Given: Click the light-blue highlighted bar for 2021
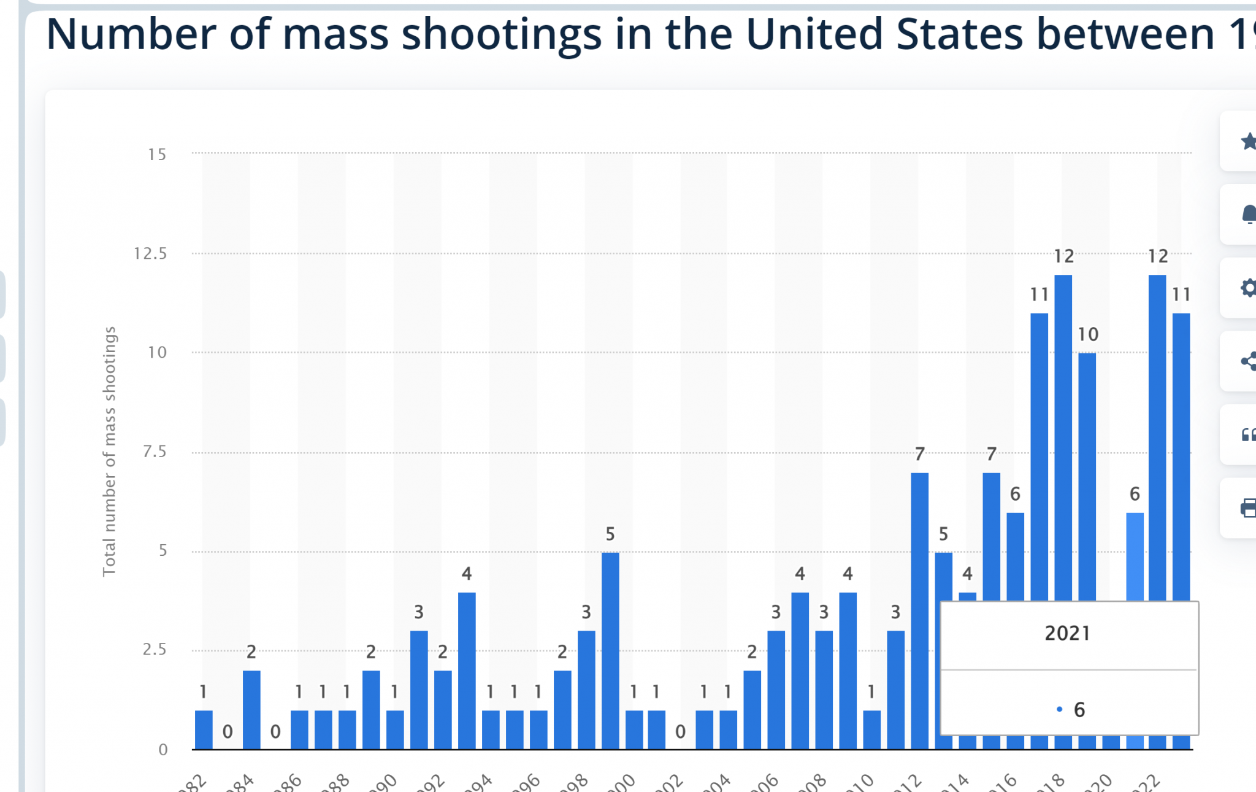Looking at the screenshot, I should [x=1135, y=555].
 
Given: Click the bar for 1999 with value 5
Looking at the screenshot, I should [x=610, y=650].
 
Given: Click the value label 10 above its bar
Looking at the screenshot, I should [x=1088, y=334].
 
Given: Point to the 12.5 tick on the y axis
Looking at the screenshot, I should [x=150, y=253].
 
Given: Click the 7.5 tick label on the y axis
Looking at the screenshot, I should [x=155, y=452].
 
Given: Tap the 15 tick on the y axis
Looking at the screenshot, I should [x=157, y=154].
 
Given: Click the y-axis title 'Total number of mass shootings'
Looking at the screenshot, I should [x=109, y=451].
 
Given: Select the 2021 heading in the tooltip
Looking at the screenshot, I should [x=1068, y=633].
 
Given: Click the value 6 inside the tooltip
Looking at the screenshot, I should [x=1079, y=710].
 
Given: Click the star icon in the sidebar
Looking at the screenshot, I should [x=1246, y=142].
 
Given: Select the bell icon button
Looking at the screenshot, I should [x=1247, y=215].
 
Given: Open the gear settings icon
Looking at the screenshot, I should [x=1247, y=288].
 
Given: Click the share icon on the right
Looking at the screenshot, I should [x=1247, y=361].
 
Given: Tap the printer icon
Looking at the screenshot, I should [x=1247, y=508].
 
